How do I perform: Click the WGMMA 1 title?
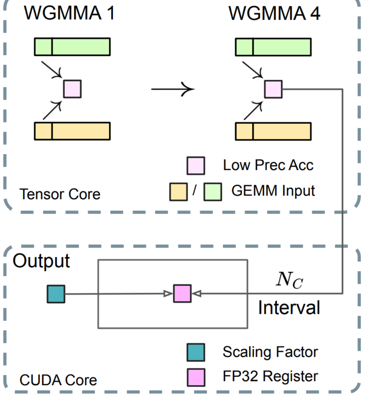[70, 13]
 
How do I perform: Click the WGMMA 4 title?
[274, 13]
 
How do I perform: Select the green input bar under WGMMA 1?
[72, 47]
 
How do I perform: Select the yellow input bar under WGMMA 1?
[72, 131]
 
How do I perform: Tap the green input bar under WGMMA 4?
[273, 47]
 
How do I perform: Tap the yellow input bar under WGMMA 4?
[273, 131]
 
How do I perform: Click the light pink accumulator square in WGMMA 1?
[72, 89]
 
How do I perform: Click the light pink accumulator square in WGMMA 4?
[273, 89]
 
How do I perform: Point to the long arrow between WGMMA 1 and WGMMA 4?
[172, 89]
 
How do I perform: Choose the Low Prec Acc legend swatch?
[195, 165]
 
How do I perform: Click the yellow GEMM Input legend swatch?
[178, 192]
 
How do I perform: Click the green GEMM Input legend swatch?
[213, 192]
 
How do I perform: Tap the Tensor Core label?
[60, 194]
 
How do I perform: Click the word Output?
[41, 261]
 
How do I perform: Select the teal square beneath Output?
[56, 294]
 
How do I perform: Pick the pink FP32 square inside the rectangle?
[182, 294]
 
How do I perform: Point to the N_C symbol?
[289, 280]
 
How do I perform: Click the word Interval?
[289, 308]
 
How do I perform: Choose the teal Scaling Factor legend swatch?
[195, 352]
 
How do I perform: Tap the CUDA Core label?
[58, 380]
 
